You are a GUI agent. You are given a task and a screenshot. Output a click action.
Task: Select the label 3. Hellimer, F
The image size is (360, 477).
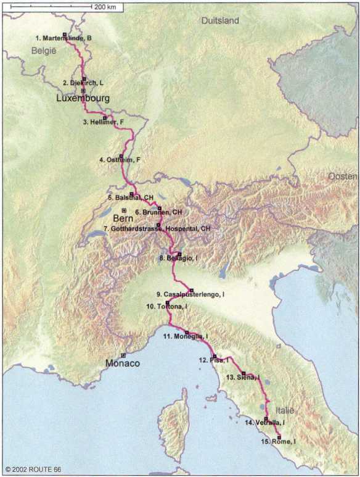pos(104,122)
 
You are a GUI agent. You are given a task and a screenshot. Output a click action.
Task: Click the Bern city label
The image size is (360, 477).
pos(123,219)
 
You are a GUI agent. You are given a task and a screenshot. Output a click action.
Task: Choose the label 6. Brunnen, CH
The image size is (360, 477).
pos(158,212)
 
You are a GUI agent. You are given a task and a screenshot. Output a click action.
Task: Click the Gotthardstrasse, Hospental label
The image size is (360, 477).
pos(157,228)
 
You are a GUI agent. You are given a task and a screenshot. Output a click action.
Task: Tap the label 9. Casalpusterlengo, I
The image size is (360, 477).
pos(190,294)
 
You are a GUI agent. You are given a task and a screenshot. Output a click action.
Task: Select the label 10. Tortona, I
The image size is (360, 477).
pos(166,306)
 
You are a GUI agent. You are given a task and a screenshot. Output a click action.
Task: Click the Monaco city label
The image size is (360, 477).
pos(123,363)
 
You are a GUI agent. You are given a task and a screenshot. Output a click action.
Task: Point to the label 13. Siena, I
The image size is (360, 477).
pos(243,376)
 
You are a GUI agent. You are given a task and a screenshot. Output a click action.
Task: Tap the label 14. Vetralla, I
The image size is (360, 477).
pos(266,423)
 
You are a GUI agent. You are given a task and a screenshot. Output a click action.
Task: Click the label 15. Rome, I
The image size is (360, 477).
pos(277,441)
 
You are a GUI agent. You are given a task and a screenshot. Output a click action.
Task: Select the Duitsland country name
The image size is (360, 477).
pos(220,21)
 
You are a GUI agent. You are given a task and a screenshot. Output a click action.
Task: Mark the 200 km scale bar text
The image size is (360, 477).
pos(105,7)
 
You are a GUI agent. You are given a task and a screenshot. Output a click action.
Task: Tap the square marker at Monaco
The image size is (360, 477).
pos(123,355)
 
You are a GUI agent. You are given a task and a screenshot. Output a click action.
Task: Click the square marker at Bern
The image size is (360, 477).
pos(124,210)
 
